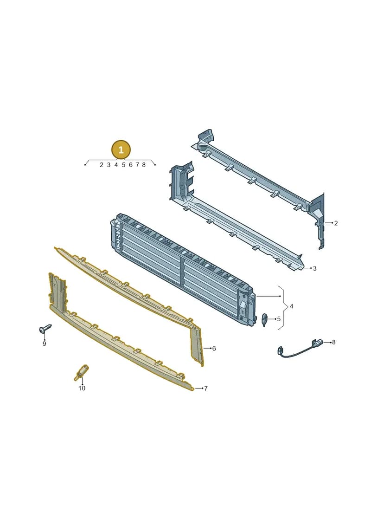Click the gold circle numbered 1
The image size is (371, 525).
click(121, 149)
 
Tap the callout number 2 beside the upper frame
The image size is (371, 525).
click(336, 223)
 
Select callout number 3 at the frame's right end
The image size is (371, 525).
click(314, 268)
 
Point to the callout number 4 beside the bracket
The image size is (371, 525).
click(291, 306)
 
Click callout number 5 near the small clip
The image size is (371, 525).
click(279, 319)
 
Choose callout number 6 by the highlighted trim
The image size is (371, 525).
click(214, 349)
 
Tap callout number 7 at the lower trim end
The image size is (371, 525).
click(206, 389)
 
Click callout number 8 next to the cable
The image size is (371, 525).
click(333, 342)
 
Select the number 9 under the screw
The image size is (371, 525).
click(44, 344)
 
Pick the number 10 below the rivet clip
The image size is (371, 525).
click(82, 388)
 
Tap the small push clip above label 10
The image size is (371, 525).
click(81, 372)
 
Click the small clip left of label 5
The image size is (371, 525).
click(265, 320)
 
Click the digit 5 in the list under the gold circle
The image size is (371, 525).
click(123, 165)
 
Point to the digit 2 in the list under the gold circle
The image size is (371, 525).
click(102, 165)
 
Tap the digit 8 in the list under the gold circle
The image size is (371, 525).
click(144, 165)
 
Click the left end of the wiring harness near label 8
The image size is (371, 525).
click(279, 351)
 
